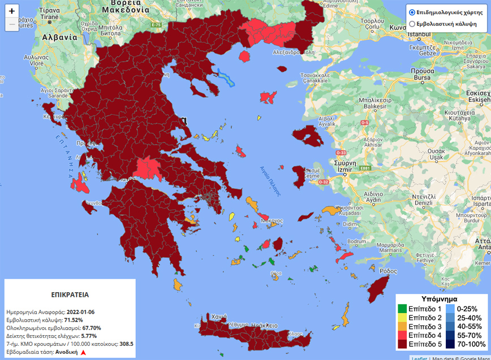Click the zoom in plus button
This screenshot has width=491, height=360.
[x=12, y=11]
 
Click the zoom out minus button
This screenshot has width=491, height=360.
[x=12, y=25]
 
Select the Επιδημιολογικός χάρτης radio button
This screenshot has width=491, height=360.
[x=412, y=12]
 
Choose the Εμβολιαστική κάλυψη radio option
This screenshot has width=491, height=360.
[x=412, y=24]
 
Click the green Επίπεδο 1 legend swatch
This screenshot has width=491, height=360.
[x=402, y=309]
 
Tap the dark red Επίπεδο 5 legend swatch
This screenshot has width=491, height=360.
[x=402, y=344]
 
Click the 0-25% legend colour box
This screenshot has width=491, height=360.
[x=451, y=309]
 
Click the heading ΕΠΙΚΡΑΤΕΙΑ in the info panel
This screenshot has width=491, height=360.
[x=70, y=294]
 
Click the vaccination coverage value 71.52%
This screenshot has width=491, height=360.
[x=74, y=319]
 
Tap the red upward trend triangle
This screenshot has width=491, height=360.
[x=83, y=352]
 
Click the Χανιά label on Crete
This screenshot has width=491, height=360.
[x=219, y=317]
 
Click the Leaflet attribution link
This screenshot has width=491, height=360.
[x=419, y=357]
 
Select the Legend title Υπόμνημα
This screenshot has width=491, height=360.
[x=440, y=298]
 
